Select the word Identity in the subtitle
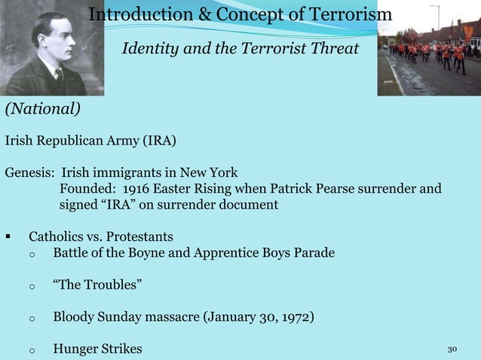(x=149, y=49)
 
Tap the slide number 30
(x=452, y=349)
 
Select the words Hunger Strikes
(x=97, y=349)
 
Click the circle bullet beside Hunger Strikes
(x=31, y=349)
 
